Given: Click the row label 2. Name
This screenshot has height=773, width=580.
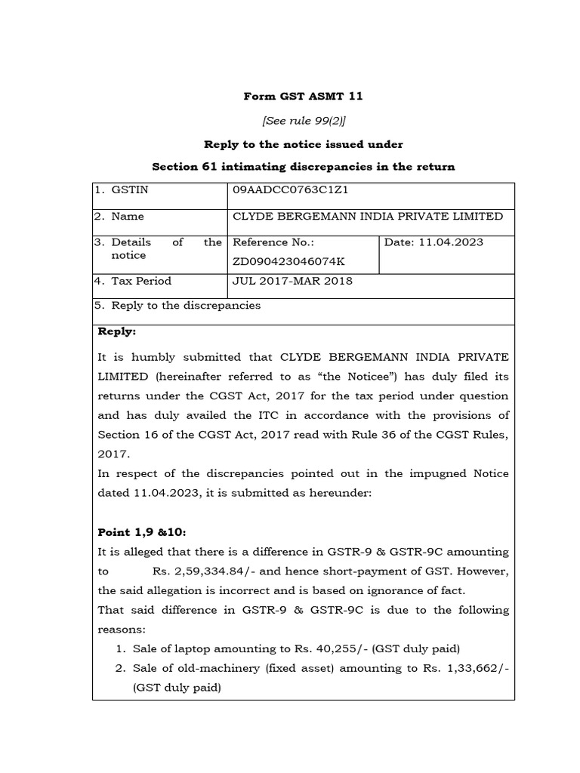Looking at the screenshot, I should [x=119, y=217].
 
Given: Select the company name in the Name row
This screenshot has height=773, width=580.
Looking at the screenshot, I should [x=368, y=217].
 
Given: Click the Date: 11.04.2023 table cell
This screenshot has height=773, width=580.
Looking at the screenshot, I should [x=433, y=242].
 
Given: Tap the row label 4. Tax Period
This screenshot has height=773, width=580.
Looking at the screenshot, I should [x=133, y=281].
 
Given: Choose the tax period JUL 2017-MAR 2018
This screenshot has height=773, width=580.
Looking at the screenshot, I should [x=292, y=281].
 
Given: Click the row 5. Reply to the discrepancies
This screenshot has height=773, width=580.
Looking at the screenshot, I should [x=178, y=306].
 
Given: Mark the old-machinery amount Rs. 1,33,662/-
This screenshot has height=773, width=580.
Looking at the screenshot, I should [x=472, y=668].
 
